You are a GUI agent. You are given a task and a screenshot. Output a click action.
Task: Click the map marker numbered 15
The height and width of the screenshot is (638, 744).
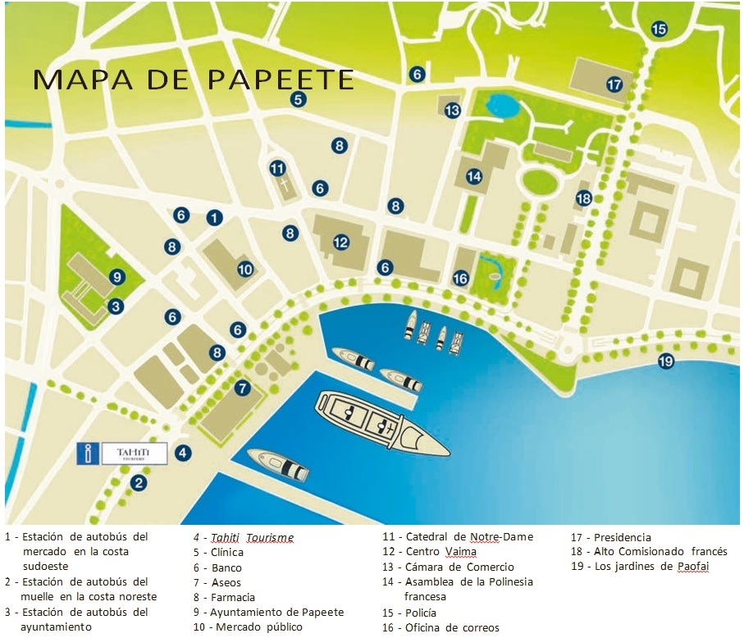659,29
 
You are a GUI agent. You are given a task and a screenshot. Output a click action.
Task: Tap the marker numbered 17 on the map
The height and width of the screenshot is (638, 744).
614,84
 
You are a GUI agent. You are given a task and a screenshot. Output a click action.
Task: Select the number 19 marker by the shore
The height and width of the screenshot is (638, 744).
665,361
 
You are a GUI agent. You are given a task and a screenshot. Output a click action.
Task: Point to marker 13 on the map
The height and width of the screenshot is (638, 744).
452,109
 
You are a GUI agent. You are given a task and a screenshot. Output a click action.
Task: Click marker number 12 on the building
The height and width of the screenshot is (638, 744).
341,242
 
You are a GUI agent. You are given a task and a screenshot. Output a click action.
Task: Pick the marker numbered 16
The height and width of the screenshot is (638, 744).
460,279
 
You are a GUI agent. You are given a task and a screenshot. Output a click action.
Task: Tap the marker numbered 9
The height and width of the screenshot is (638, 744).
116,276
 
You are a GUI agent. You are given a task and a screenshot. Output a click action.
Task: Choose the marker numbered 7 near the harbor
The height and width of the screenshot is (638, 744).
241,388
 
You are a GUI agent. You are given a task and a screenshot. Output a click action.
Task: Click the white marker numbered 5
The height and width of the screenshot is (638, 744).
298,100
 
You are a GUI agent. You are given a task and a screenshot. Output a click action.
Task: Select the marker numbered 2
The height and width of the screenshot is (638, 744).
139,482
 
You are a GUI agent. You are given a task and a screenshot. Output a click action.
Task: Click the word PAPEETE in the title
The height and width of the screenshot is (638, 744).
279,79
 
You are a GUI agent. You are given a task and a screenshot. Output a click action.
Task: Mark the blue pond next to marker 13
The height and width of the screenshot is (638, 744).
500,105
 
